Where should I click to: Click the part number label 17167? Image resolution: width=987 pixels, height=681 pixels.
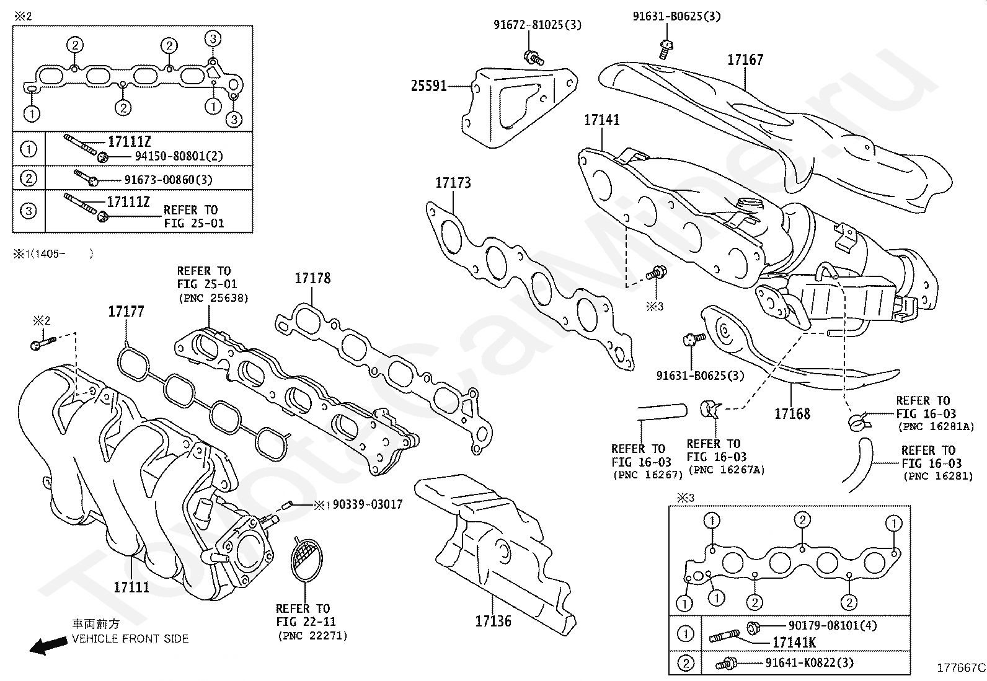coord(745,60)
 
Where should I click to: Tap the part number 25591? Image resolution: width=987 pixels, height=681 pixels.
coord(429,86)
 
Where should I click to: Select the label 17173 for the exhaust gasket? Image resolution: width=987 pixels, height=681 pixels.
coord(453,183)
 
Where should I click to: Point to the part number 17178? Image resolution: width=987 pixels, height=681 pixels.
coord(312,278)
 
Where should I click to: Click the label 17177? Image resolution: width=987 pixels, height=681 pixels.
coord(126,312)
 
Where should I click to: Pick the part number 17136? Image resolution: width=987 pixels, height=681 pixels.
coord(493,621)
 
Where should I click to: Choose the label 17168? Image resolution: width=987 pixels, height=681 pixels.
coord(792,413)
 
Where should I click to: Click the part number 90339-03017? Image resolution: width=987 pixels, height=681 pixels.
coord(368,505)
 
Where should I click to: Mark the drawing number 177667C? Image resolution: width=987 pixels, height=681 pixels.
coord(960,668)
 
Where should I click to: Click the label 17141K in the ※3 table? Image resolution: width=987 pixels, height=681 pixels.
coord(794,643)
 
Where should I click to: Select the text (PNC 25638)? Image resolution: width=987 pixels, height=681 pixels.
coord(213,298)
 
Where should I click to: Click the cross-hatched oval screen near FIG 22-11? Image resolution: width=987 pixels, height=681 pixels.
coord(307,559)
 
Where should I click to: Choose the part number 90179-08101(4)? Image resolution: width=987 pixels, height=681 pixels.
coord(833,626)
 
